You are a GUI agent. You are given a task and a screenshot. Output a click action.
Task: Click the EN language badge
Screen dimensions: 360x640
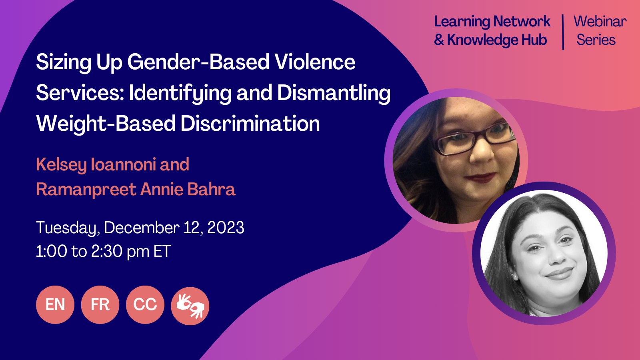(x=55, y=305)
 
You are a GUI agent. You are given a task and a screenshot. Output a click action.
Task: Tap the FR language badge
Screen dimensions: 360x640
(x=100, y=305)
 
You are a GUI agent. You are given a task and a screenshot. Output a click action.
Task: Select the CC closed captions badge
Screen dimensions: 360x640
(x=145, y=305)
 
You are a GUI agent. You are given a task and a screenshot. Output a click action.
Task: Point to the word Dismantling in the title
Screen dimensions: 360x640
(x=334, y=93)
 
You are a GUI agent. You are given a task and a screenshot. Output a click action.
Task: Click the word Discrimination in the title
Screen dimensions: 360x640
(x=250, y=124)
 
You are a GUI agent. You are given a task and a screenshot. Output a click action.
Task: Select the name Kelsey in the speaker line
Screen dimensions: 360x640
(x=61, y=165)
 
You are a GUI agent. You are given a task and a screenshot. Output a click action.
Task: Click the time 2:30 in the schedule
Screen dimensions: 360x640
(x=107, y=252)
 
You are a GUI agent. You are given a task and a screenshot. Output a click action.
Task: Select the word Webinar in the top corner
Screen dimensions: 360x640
(x=600, y=22)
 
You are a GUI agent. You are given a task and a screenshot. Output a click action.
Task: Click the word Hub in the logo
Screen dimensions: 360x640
(x=534, y=40)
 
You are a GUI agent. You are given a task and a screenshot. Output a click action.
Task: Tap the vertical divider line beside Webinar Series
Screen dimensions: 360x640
(x=563, y=32)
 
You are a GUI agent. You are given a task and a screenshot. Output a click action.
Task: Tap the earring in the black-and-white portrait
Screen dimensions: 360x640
(x=515, y=276)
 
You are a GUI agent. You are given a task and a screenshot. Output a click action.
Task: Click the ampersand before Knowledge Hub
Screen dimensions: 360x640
(x=439, y=40)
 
